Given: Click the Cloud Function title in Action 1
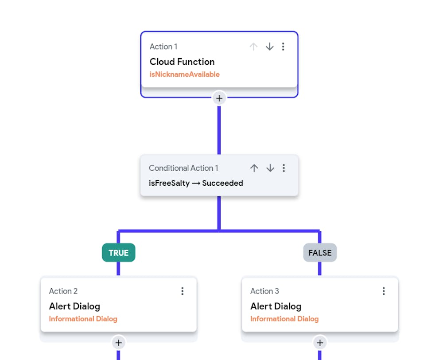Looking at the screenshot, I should (x=182, y=62).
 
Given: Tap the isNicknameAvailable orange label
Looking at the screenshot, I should (x=184, y=74).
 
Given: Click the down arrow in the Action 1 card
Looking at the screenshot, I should (x=269, y=47).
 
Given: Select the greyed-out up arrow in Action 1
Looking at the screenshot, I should (x=253, y=47).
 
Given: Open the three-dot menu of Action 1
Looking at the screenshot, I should (x=284, y=47).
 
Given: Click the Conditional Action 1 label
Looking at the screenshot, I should (x=183, y=168).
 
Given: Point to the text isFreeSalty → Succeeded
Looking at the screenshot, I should (x=196, y=183).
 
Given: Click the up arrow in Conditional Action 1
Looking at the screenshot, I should (x=254, y=168).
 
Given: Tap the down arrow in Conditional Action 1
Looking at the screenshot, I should (x=270, y=168).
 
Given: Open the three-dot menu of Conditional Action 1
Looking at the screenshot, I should (x=284, y=168).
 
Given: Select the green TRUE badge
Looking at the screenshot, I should (x=118, y=253).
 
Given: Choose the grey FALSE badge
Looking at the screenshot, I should (x=320, y=253).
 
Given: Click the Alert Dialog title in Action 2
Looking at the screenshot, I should (x=74, y=306).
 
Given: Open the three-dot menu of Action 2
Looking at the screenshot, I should (x=182, y=291).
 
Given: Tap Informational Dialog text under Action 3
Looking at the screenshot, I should (x=284, y=319).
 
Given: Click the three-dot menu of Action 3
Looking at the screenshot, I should (x=384, y=291).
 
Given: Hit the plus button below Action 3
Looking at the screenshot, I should (x=320, y=343).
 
